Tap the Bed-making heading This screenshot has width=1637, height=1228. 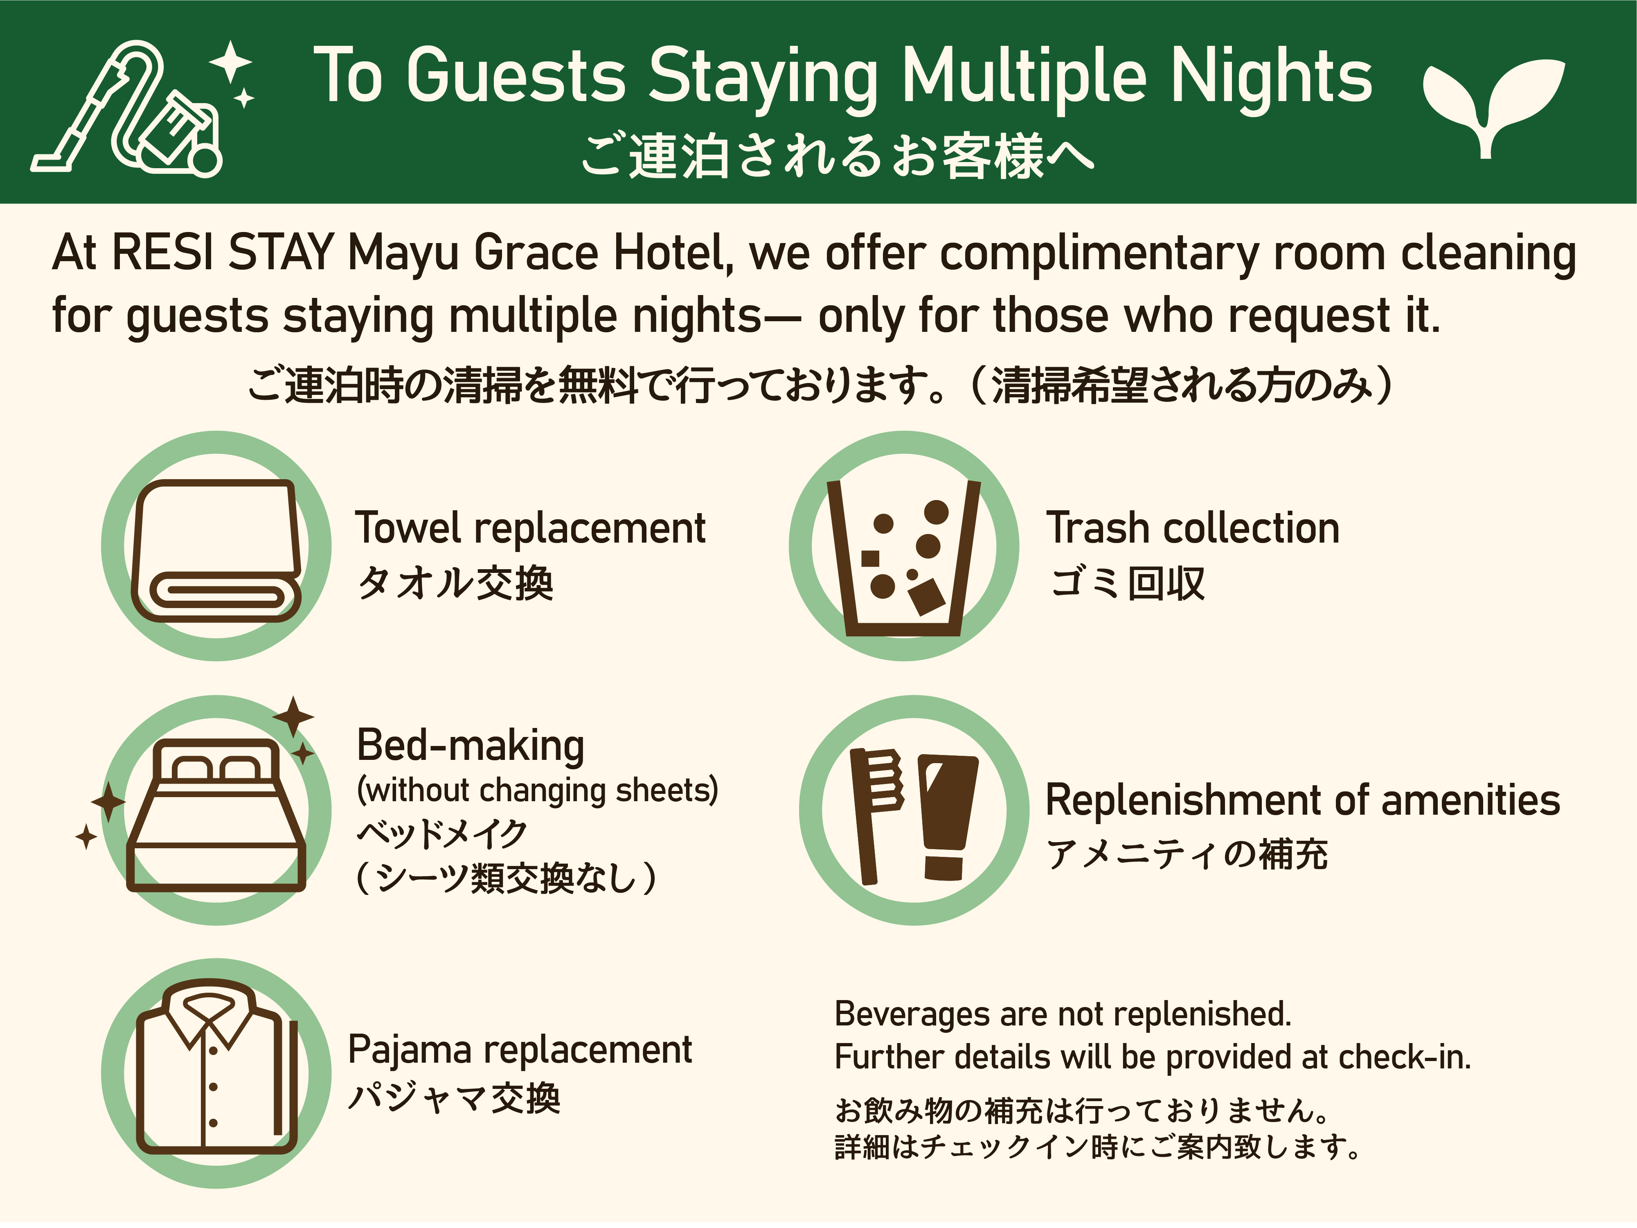[471, 746]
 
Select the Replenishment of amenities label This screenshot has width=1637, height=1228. [1302, 800]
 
